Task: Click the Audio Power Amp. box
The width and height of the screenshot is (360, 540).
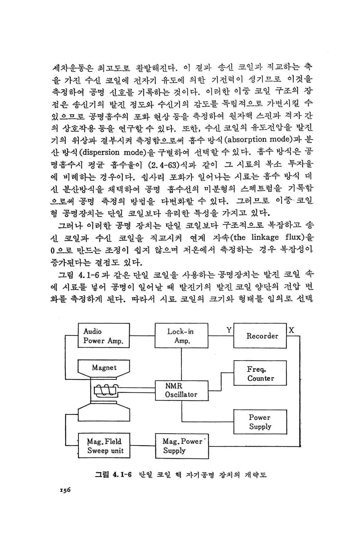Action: click(103, 336)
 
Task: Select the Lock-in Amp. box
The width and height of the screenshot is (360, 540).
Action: click(181, 336)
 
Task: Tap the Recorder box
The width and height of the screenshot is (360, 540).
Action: click(260, 336)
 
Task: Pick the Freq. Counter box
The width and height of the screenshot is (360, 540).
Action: click(260, 373)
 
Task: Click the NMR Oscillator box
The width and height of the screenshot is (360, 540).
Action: click(181, 390)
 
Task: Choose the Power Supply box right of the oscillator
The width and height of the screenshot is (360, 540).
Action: click(260, 422)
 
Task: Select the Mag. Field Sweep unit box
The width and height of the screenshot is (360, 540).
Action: click(104, 446)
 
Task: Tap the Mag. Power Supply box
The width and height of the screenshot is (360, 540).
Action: click(182, 446)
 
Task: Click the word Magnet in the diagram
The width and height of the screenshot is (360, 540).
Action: click(104, 368)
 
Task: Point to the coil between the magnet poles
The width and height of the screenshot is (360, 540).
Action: click(105, 390)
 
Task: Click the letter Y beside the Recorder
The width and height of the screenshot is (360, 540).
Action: click(229, 330)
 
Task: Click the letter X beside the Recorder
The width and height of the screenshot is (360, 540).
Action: click(291, 330)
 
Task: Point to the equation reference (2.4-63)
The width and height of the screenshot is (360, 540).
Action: click(163, 165)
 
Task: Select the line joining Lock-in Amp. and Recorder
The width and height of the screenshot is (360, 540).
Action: click(221, 336)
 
